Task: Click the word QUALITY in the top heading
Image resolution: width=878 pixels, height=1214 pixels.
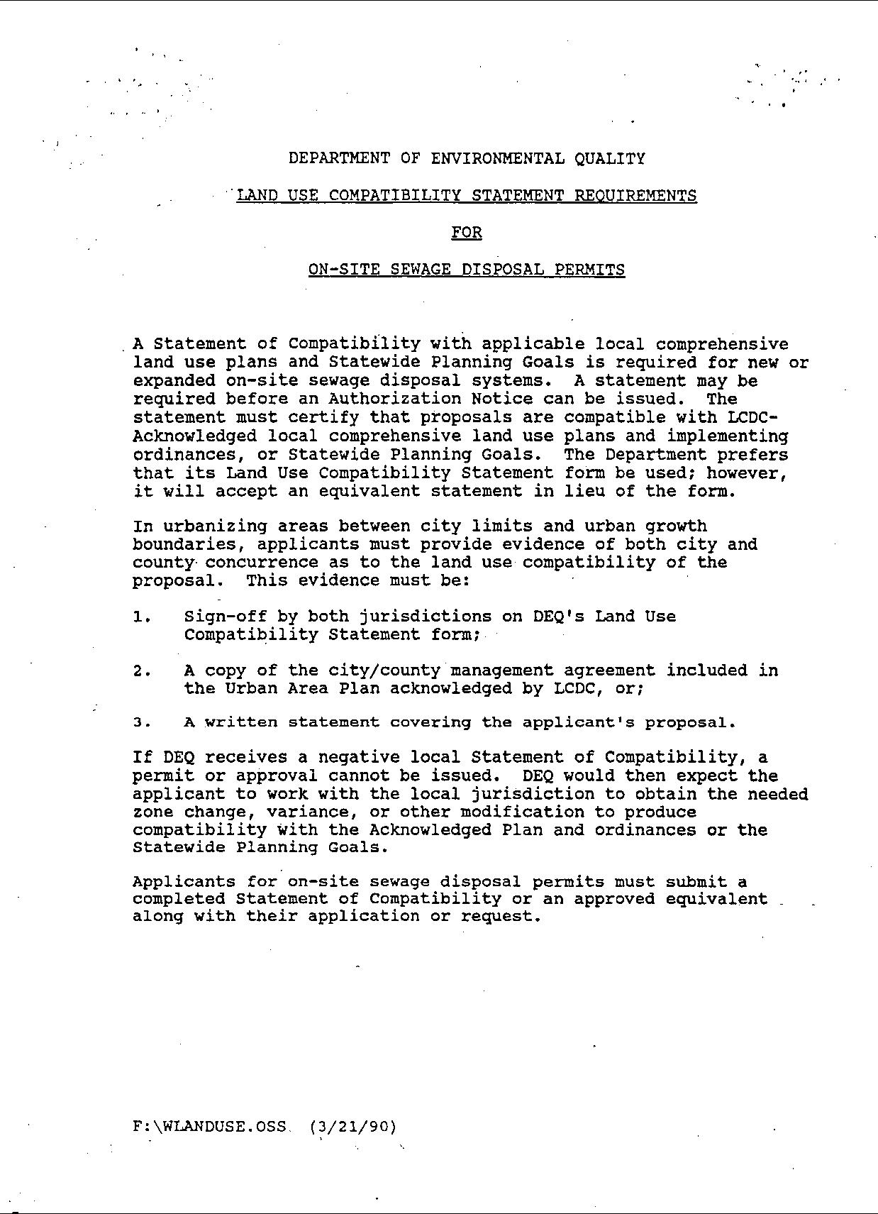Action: tap(610, 158)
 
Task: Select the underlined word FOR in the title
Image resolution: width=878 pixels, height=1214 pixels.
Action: tap(467, 232)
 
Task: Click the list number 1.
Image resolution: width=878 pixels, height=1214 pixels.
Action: tap(141, 617)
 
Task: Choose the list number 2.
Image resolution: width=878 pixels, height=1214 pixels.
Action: tap(141, 671)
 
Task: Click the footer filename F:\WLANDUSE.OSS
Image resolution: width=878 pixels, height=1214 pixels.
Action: tap(209, 1126)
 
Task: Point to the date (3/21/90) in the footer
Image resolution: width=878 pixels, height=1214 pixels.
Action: tap(353, 1126)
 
